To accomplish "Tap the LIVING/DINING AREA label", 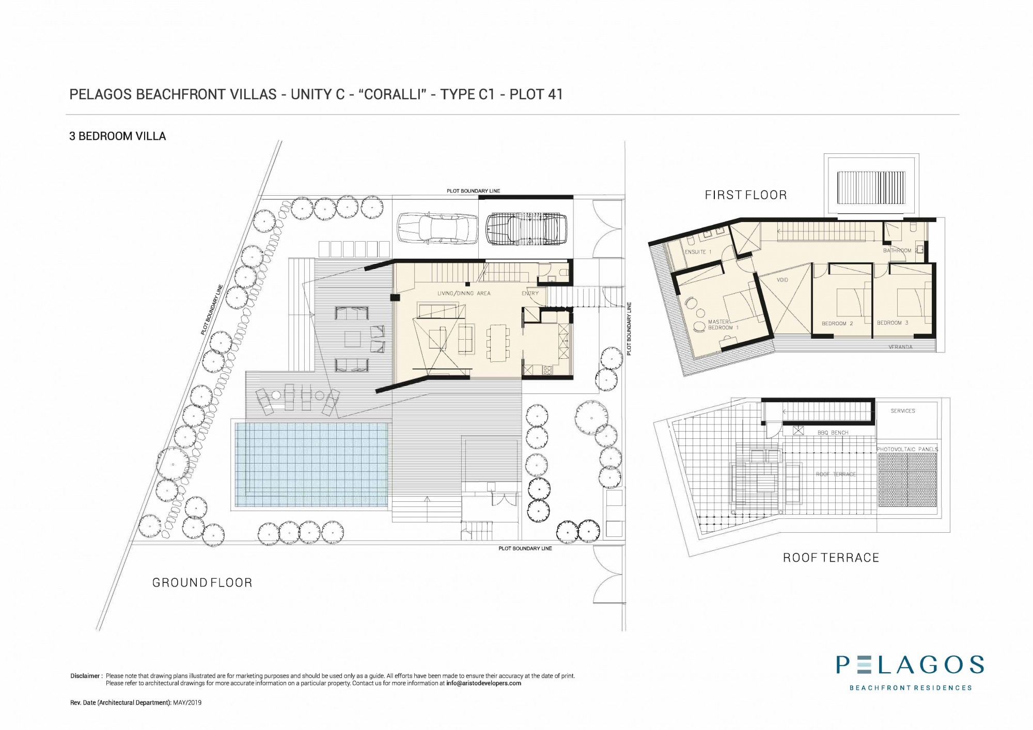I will (464, 293).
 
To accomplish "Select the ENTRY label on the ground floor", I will (530, 293).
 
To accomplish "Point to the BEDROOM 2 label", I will (837, 324).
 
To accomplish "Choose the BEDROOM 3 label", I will (893, 323).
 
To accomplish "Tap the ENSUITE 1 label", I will (698, 252).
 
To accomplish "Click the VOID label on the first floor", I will (782, 280).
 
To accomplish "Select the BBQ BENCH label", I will (833, 433).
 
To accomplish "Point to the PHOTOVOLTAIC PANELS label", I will (907, 449).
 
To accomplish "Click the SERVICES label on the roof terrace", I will (902, 411).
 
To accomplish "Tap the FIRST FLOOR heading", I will (746, 195).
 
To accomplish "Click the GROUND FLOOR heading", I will (202, 583).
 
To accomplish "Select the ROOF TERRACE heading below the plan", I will (831, 558).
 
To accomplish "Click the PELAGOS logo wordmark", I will (910, 665).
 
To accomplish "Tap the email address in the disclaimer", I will (483, 683).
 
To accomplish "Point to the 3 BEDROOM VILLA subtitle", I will (118, 136).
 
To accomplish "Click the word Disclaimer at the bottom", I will (85, 676).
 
